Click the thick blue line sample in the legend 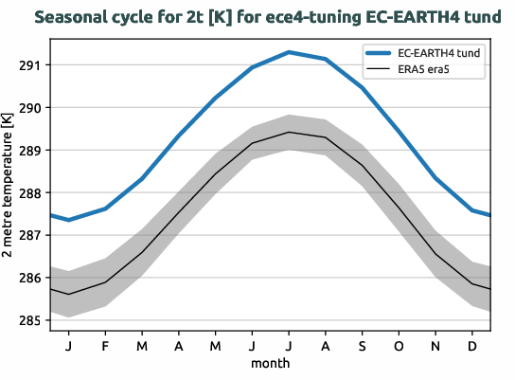click(x=381, y=53)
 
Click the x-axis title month click(x=270, y=362)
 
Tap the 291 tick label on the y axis click(x=27, y=65)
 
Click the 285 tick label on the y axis click(x=27, y=321)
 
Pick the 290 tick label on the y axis click(x=27, y=108)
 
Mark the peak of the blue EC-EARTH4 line click(x=289, y=52)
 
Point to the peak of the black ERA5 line click(x=289, y=132)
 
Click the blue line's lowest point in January click(x=68, y=220)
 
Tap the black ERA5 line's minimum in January click(x=68, y=294)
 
